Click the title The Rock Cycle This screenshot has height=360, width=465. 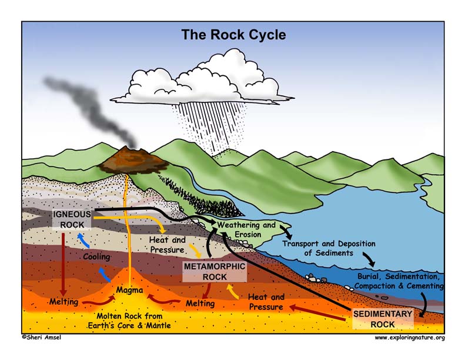pos(233,35)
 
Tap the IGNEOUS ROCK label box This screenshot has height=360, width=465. pos(72,219)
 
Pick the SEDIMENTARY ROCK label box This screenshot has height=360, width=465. pos(383,318)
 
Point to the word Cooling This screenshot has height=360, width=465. pos(96,257)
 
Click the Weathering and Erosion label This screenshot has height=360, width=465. pos(246,229)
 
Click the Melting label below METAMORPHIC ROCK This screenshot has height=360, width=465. pos(199,303)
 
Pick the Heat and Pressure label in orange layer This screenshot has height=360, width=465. pos(266,302)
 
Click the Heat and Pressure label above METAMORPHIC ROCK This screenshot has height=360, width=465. pos(168,245)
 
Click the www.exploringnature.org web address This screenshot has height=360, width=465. pos(410,338)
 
